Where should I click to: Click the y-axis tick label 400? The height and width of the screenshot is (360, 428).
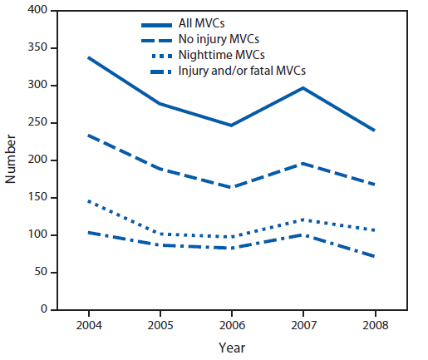[x=36, y=11]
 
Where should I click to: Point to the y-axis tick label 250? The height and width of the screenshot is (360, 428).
[x=36, y=123]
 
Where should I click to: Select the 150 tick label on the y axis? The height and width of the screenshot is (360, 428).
[x=36, y=198]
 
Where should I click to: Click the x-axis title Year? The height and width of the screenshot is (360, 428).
[x=232, y=347]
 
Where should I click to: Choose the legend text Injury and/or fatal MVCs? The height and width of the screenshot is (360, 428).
[x=237, y=72]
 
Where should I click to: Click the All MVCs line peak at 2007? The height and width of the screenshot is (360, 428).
[x=304, y=87]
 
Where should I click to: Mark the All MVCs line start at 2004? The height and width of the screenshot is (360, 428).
[x=87, y=57]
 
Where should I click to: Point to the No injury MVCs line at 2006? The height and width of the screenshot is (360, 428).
[x=232, y=187]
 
